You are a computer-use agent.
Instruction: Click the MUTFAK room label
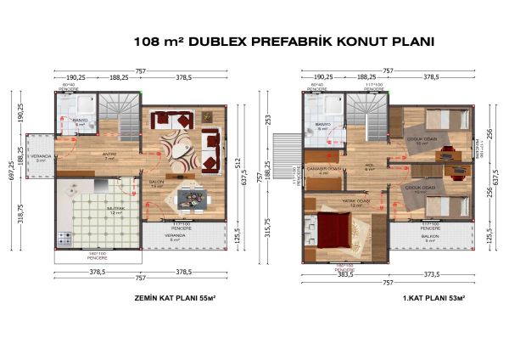click(116, 208)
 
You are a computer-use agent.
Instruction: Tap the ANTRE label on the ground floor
click(109, 155)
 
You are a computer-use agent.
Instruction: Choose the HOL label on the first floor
click(370, 165)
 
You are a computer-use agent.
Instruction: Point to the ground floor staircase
click(118, 116)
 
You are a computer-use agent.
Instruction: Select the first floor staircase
click(366, 116)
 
